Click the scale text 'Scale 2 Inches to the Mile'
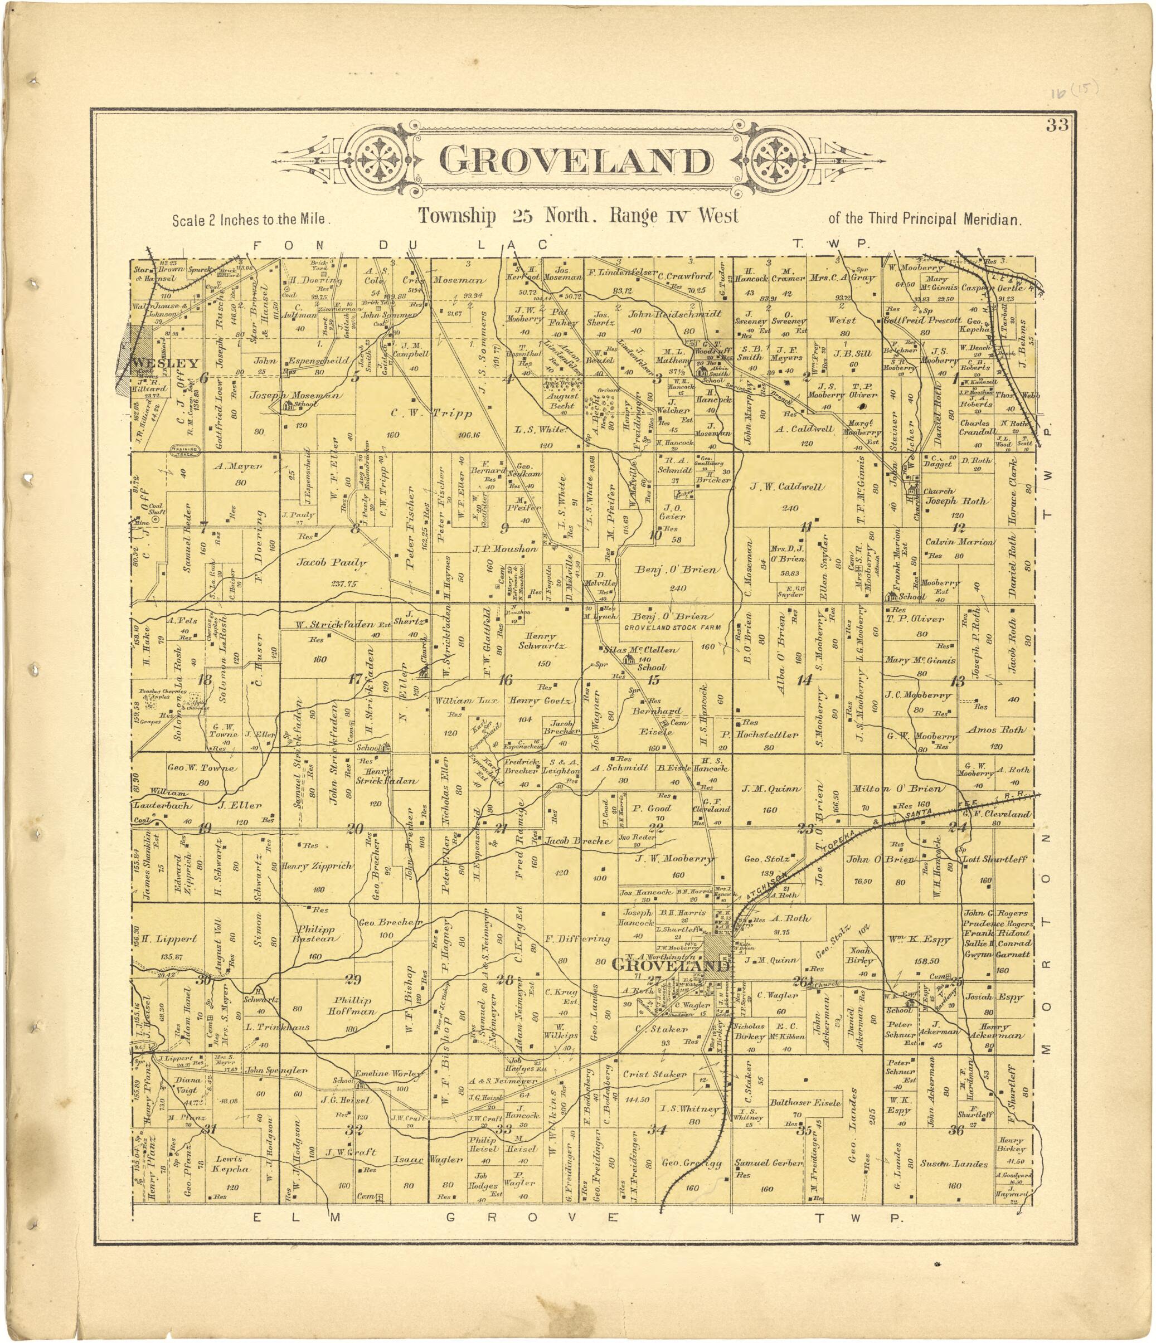point(251,220)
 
